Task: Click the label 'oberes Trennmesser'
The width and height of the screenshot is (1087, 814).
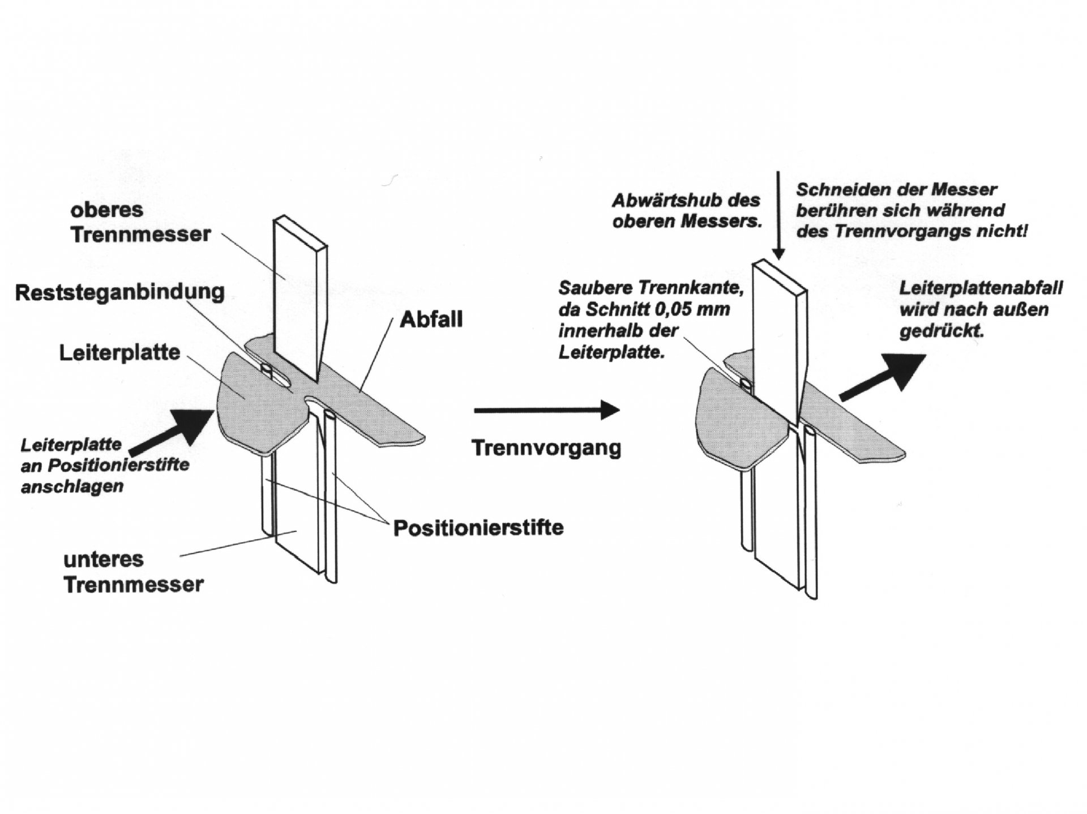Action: click(140, 222)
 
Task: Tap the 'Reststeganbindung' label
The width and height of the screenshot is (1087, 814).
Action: click(119, 293)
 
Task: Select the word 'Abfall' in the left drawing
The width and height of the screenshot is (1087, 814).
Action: click(431, 320)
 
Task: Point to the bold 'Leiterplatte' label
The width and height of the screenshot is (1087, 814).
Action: click(119, 353)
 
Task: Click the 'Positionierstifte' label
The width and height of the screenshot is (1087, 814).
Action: click(478, 528)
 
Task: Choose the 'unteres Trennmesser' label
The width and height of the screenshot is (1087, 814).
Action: click(133, 572)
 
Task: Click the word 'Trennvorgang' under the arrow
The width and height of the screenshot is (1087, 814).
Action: click(546, 448)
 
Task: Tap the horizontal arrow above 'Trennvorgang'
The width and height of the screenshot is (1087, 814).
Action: click(546, 410)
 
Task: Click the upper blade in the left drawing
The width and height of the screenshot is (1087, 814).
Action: click(297, 295)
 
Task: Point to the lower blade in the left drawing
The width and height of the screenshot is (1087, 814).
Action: click(297, 498)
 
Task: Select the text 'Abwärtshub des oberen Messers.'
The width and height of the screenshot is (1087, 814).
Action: click(686, 211)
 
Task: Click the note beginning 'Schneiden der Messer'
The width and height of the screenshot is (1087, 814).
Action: click(911, 211)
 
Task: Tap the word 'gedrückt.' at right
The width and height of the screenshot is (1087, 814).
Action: click(942, 331)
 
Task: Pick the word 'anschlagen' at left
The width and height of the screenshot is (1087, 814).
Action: click(72, 487)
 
